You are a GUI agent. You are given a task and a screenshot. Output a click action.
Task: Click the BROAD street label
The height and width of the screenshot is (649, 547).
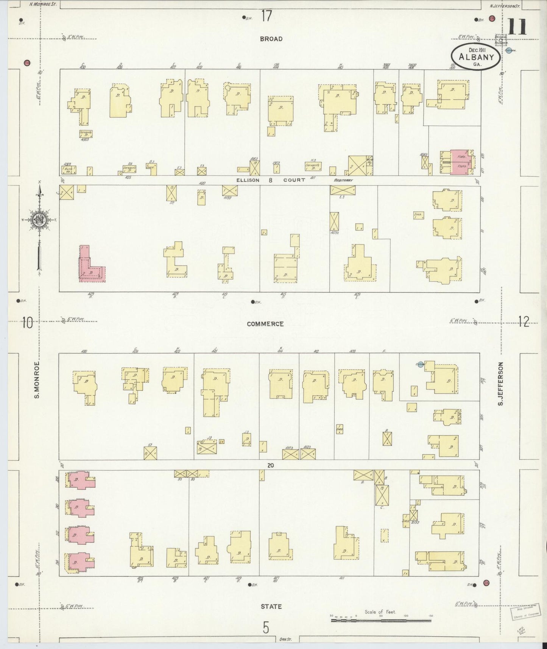tap(271, 39)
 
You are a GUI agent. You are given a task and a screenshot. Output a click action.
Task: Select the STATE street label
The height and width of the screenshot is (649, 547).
tap(271, 606)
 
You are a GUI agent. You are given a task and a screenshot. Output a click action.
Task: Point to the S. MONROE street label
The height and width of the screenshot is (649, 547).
tap(37, 379)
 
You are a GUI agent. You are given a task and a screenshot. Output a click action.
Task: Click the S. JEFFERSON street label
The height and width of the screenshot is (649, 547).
tap(500, 384)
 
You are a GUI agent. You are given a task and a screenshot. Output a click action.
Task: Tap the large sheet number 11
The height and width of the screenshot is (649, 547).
tap(517, 27)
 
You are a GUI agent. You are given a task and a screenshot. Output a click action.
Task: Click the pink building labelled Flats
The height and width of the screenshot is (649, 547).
tap(460, 162)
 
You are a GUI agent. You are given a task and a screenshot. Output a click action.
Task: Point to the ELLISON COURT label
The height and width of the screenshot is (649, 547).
tap(271, 180)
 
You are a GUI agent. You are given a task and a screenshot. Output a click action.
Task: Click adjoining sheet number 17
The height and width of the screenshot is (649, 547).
tap(266, 16)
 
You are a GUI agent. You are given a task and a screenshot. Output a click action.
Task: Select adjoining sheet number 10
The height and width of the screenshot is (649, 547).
tap(27, 323)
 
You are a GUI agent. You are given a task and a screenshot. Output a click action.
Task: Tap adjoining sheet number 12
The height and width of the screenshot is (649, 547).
tap(524, 322)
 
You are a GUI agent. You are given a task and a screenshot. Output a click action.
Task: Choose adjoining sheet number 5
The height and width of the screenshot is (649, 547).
tap(266, 627)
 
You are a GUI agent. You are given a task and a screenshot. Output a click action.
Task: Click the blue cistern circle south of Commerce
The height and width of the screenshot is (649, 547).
tap(420, 365)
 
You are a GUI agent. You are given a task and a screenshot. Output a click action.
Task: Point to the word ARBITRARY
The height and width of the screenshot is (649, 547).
tap(343, 180)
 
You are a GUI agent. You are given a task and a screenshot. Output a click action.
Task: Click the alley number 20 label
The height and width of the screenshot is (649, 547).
tap(270, 465)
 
